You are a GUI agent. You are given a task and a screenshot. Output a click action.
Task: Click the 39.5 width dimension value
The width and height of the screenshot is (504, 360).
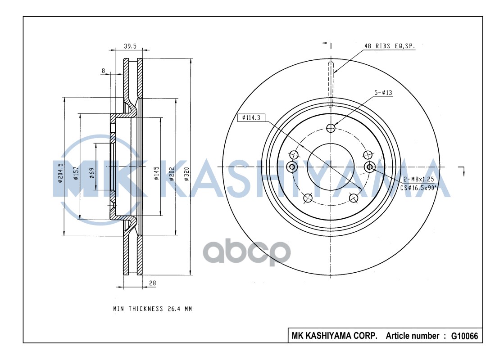click(x=130, y=46)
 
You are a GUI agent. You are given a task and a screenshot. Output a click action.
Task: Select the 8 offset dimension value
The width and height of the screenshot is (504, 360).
click(x=104, y=71)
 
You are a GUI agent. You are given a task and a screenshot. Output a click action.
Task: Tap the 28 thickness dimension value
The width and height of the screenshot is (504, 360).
click(x=152, y=283)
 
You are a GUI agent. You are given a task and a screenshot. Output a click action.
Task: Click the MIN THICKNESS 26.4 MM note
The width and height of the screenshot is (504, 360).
click(x=152, y=309)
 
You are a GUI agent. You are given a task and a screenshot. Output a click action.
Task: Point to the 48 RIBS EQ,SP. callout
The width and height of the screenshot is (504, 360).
click(x=390, y=46)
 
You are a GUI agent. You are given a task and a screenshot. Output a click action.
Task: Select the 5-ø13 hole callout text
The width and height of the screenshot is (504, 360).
click(x=383, y=93)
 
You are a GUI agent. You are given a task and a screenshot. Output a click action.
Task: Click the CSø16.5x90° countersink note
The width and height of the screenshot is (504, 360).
click(x=419, y=188)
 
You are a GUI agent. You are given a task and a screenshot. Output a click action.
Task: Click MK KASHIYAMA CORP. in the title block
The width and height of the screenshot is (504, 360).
click(x=335, y=336)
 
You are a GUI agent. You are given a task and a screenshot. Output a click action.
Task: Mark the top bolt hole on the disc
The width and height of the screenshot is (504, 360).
click(x=331, y=128)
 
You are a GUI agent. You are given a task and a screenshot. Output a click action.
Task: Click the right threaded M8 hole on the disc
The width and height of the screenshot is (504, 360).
click(x=370, y=167)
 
